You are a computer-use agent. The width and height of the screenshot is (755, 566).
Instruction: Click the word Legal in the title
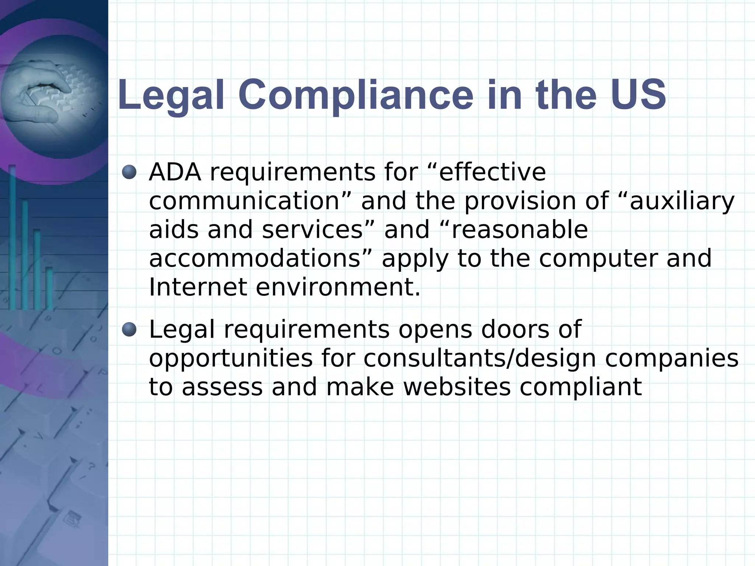pos(171,95)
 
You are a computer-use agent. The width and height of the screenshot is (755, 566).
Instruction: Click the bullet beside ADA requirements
pos(129,172)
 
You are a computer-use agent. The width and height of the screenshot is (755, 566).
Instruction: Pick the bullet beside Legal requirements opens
pos(129,329)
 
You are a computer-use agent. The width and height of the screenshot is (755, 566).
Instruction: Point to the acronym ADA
pos(175,172)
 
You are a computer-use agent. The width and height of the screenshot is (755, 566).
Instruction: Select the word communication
pos(244,201)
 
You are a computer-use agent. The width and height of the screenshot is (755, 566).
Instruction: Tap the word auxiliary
pos(682,202)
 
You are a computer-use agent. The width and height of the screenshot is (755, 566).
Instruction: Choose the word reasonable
pos(519,230)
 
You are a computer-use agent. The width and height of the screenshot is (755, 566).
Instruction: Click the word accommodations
pos(254,258)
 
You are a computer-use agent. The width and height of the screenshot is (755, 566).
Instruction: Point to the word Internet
pos(198,287)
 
